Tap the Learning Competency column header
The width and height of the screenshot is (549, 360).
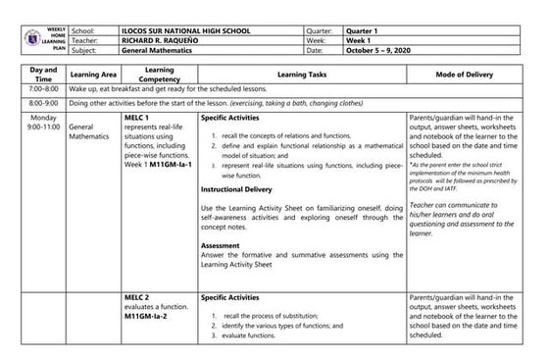(x=159, y=75)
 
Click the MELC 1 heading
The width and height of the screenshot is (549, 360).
(x=137, y=117)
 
